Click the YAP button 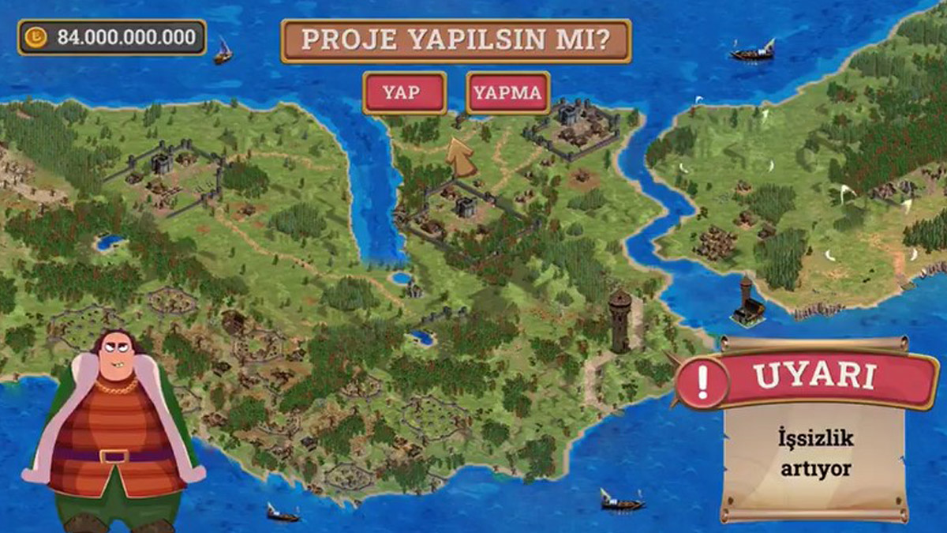(404, 92)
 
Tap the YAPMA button (507, 92)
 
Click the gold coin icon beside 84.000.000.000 (37, 36)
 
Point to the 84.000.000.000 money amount (125, 37)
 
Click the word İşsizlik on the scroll (814, 438)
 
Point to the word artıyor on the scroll (814, 467)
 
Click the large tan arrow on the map (462, 157)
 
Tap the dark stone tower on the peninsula (620, 319)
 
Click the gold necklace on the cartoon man (118, 386)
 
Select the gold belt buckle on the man (114, 456)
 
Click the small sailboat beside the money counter (223, 52)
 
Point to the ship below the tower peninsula (621, 500)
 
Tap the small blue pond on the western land (109, 242)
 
